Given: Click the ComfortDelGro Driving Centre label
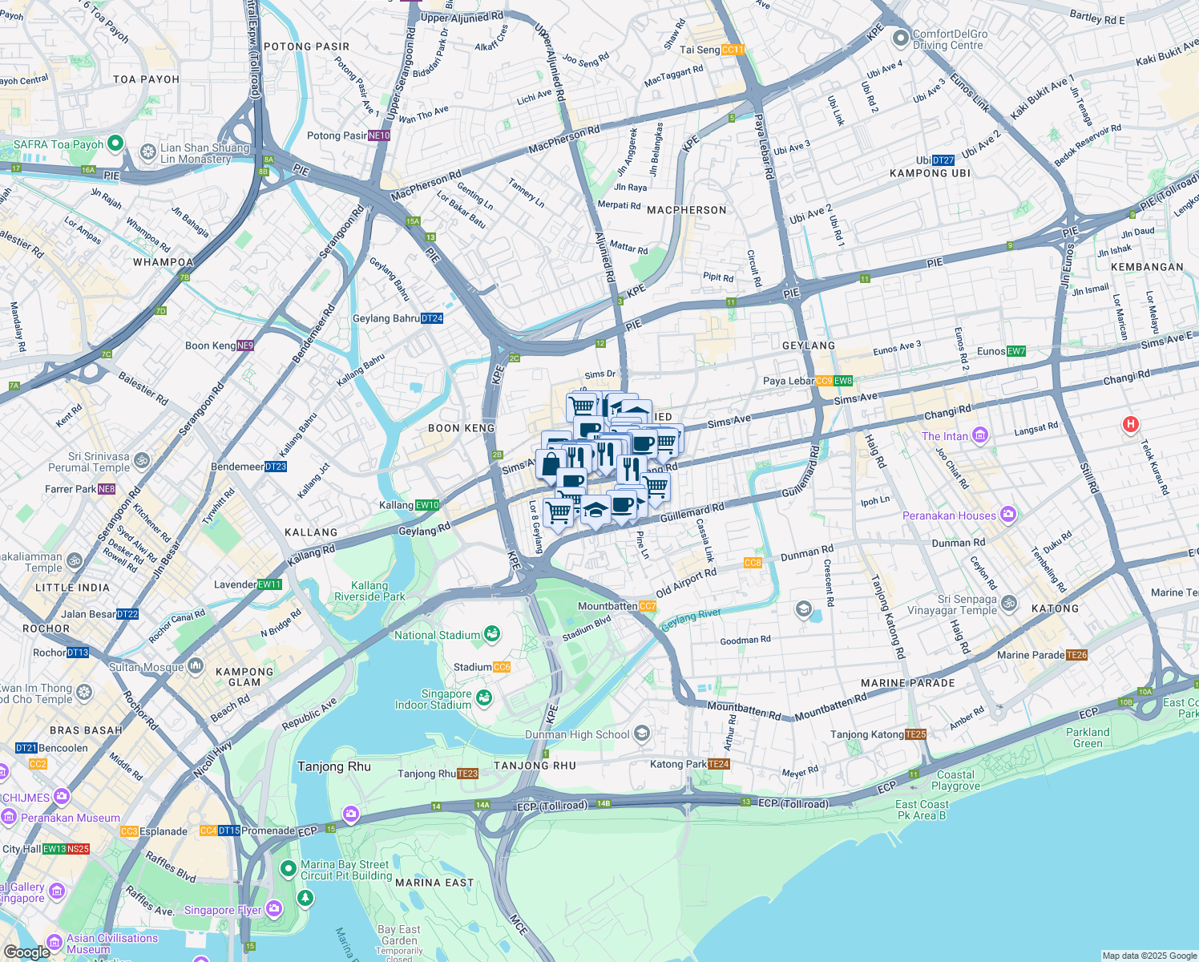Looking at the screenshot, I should pyautogui.click(x=950, y=39).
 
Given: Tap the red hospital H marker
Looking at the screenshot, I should pyautogui.click(x=1130, y=424).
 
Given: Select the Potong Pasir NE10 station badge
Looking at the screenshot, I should pyautogui.click(x=379, y=135).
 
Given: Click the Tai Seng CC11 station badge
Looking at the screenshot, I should pyautogui.click(x=733, y=50).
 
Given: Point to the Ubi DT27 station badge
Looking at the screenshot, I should pyautogui.click(x=943, y=160).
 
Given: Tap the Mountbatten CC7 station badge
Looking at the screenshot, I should pyautogui.click(x=648, y=607).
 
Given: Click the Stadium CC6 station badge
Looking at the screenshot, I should pyautogui.click(x=502, y=667).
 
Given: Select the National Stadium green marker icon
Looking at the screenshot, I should pyautogui.click(x=492, y=635).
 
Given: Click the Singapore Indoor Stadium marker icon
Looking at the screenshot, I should pyautogui.click(x=483, y=697).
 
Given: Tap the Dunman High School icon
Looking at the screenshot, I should pyautogui.click(x=641, y=734).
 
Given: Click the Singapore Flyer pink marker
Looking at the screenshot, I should pyautogui.click(x=274, y=909).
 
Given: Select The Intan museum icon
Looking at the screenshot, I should pyautogui.click(x=980, y=436).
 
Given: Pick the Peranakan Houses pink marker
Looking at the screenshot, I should pyautogui.click(x=1008, y=515).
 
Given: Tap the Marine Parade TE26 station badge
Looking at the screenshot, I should pyautogui.click(x=1076, y=655).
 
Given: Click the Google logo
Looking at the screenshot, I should pyautogui.click(x=26, y=952).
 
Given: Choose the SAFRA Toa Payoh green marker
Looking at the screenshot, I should pyautogui.click(x=115, y=144).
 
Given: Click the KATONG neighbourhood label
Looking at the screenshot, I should pyautogui.click(x=1055, y=608).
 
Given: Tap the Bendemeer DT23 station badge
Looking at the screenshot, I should pyautogui.click(x=275, y=467).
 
